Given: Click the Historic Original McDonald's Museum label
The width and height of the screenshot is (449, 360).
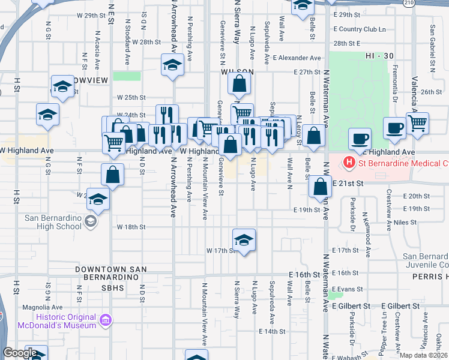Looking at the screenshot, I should (x=49, y=321).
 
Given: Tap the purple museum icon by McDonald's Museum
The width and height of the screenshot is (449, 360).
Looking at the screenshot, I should (x=106, y=320).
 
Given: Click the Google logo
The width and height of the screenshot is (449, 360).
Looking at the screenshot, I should (x=20, y=353).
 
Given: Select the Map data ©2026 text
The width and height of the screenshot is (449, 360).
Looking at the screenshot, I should (x=424, y=355).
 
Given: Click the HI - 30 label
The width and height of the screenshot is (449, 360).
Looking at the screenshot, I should (x=379, y=56).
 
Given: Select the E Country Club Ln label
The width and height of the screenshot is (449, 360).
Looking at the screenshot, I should (x=360, y=29).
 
